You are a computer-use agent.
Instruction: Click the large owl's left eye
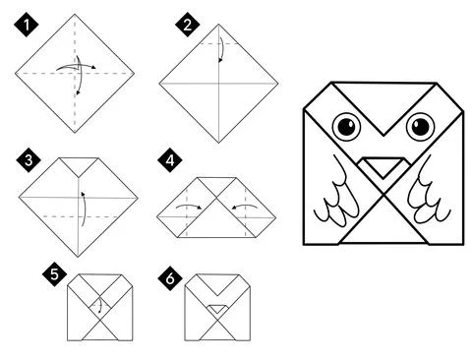coord(347,127)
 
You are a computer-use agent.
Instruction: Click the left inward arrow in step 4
coord(184,207)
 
